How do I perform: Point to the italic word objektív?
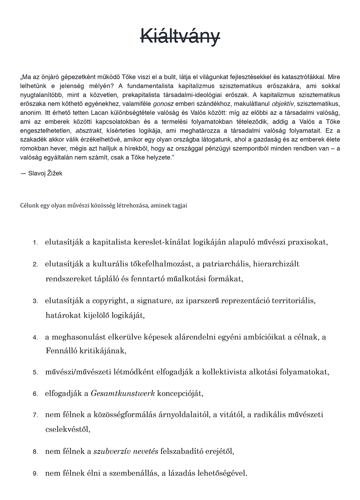pos(282,104)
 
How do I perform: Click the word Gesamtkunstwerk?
pos(123,393)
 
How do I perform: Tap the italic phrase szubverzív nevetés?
pos(126,451)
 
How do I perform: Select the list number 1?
pos(35,243)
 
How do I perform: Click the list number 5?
pos(35,372)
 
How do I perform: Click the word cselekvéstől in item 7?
pos(67,430)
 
